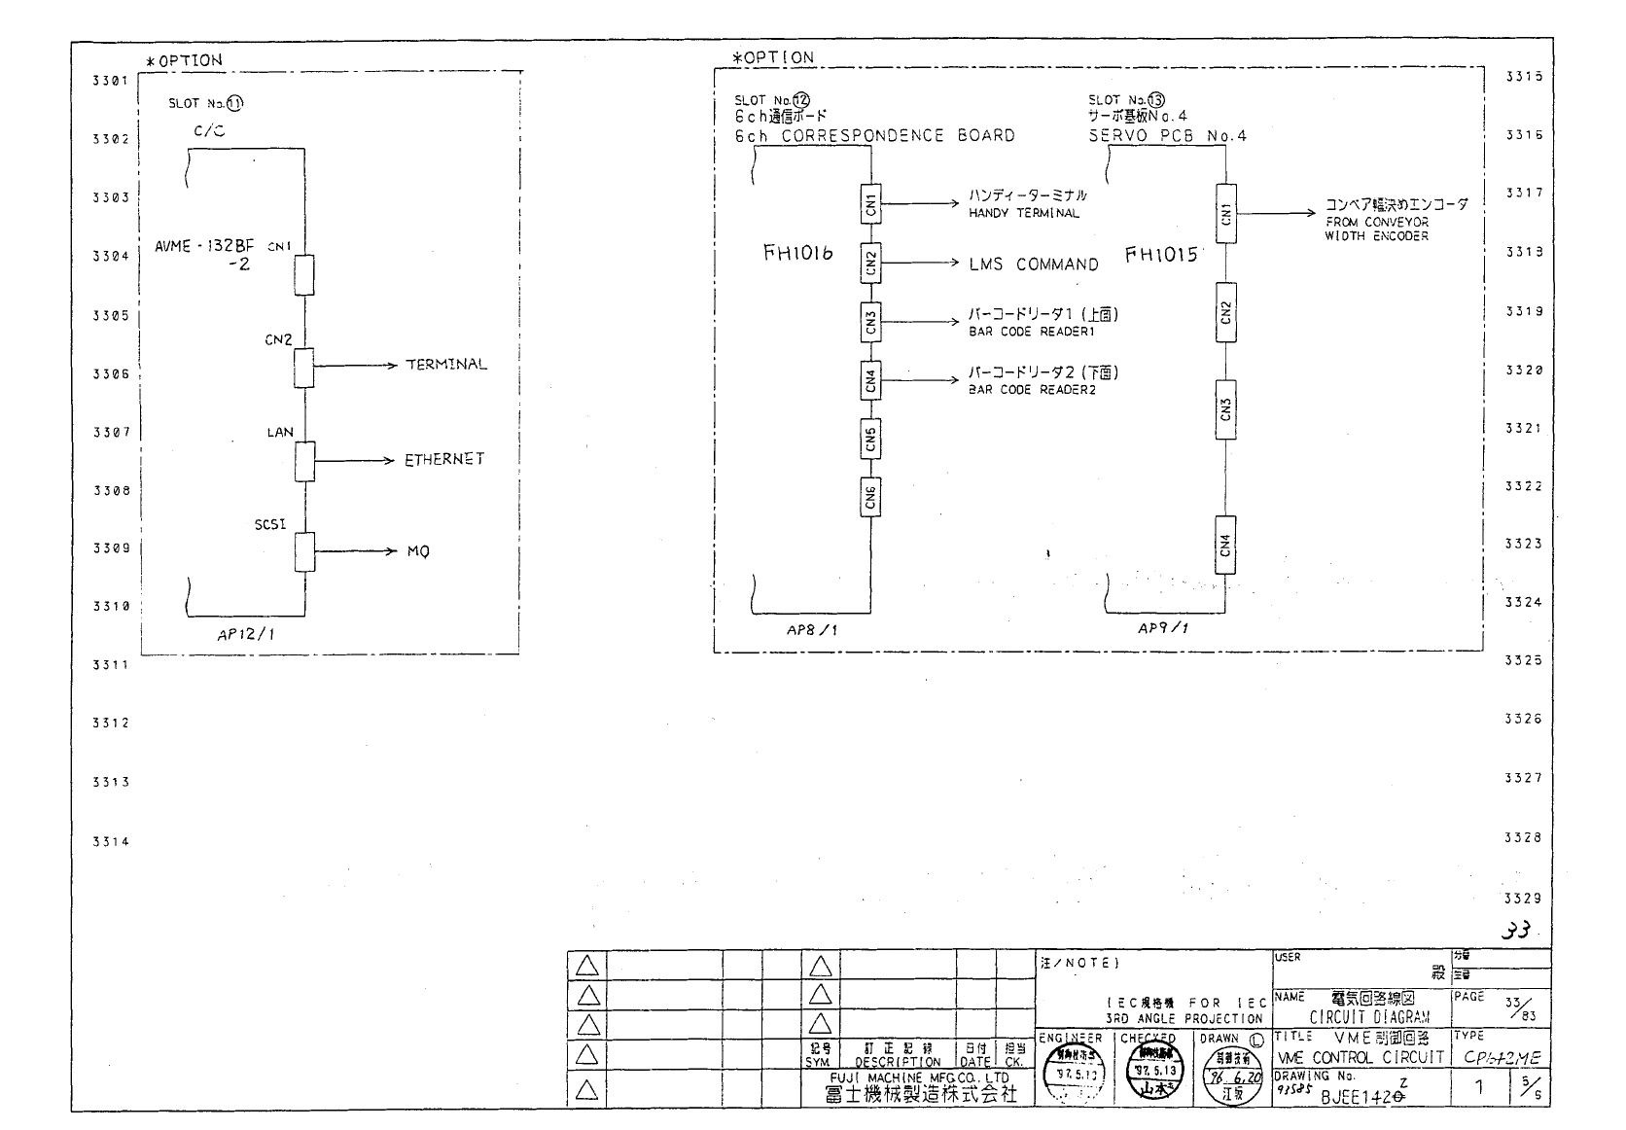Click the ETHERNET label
tap(444, 459)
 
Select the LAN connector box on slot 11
tap(305, 461)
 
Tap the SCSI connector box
tap(305, 552)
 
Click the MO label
tap(418, 552)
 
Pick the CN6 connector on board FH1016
tap(870, 497)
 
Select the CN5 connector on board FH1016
tap(870, 440)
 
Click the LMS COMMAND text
tap(1033, 264)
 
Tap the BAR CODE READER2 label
tap(1031, 390)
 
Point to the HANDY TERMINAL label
tap(1023, 213)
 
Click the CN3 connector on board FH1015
tap(1225, 409)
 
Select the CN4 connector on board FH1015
tap(1225, 545)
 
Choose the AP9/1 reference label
tap(1163, 628)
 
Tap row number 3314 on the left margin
tap(110, 841)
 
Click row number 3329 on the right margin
tap(1522, 898)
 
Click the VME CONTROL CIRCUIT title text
tap(1361, 1057)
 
